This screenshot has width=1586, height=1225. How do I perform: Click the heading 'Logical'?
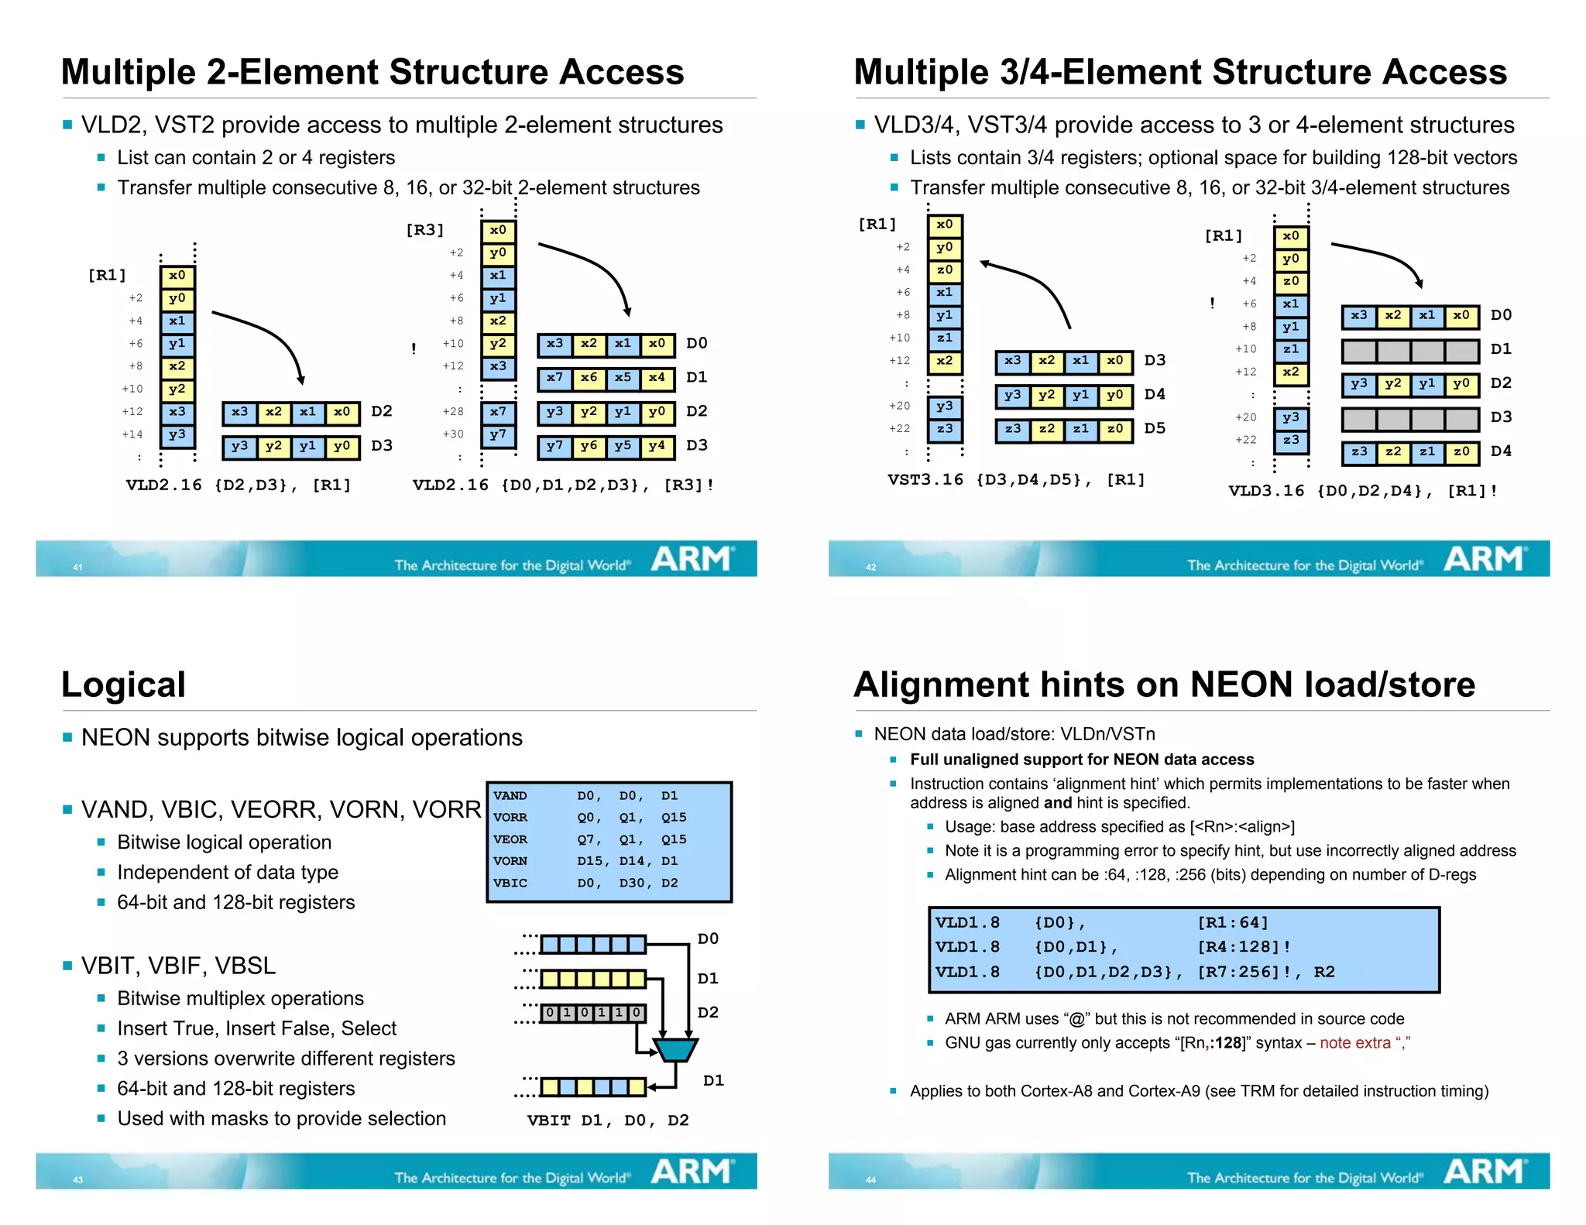point(123,685)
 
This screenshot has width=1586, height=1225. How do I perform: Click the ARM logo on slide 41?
point(692,558)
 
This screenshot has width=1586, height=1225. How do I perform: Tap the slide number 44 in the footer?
point(870,1180)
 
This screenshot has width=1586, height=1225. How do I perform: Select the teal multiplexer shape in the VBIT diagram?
point(675,1049)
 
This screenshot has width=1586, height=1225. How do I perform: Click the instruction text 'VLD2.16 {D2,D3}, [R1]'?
point(239,486)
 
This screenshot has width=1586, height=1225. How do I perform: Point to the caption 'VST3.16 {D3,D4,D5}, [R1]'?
point(1016,480)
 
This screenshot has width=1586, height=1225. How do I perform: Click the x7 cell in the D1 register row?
point(554,378)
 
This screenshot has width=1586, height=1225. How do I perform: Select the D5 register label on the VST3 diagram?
point(1155,428)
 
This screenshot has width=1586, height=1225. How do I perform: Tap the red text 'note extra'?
point(1355,1043)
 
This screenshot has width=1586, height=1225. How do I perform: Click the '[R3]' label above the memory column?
point(424,230)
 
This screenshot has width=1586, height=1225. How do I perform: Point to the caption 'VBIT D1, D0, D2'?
point(608,1120)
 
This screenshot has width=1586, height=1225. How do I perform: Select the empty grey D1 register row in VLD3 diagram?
point(1410,351)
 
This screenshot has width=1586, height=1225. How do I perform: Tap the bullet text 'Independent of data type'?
point(228,873)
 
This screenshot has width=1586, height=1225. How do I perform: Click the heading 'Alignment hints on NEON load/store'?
point(1164,685)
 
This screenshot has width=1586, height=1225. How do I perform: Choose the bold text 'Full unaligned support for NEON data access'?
point(1081,760)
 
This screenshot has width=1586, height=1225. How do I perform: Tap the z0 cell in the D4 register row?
point(1461,452)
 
